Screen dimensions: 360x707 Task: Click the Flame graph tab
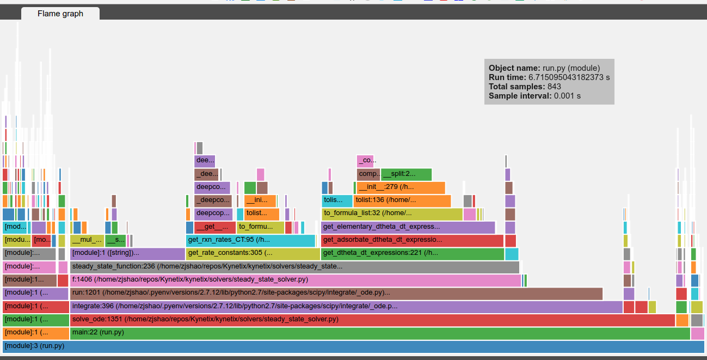point(60,14)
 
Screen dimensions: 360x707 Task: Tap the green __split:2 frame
point(406,174)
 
